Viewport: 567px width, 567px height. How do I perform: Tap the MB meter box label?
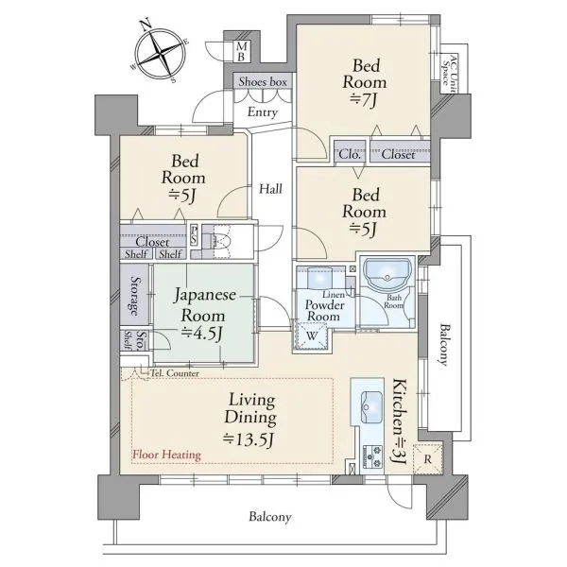click(242, 52)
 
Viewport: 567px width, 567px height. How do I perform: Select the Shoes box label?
click(263, 81)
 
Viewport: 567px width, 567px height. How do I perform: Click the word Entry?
click(263, 112)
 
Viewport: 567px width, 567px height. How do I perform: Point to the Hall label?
click(270, 189)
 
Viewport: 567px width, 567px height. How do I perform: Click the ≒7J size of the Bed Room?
click(364, 101)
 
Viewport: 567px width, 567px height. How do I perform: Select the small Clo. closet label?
click(350, 155)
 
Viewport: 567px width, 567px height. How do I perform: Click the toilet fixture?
click(220, 241)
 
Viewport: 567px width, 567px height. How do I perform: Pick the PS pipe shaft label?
click(194, 234)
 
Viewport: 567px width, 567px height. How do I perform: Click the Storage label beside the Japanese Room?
click(134, 296)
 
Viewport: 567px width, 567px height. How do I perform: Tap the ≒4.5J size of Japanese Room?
click(201, 334)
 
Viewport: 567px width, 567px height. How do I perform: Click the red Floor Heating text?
click(166, 455)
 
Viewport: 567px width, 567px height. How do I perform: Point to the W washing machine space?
click(312, 335)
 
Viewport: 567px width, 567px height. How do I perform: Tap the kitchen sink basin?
click(371, 406)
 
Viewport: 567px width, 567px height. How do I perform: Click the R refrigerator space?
click(428, 459)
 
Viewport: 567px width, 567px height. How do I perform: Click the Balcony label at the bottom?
click(269, 517)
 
